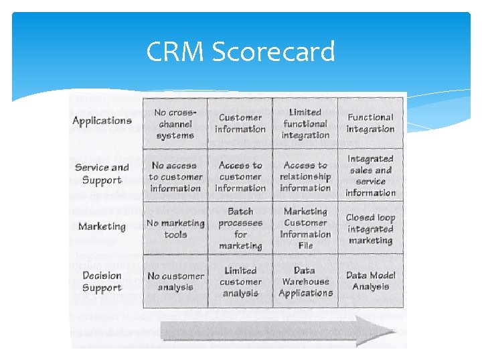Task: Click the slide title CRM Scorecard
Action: click(240, 52)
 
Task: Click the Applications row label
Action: click(102, 121)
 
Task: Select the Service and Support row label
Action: click(102, 174)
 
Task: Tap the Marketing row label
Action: click(102, 227)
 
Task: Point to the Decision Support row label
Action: click(102, 282)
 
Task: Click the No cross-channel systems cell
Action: click(175, 124)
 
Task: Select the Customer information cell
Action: click(240, 123)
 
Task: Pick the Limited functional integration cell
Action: click(305, 124)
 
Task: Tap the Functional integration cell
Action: click(370, 123)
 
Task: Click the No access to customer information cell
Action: click(175, 176)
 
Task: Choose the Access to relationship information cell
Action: click(305, 176)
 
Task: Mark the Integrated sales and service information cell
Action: click(370, 176)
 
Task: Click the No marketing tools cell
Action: click(175, 229)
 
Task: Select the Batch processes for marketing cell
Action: click(240, 229)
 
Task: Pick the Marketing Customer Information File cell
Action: click(305, 229)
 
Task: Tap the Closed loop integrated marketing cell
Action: click(370, 229)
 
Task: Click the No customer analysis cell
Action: click(175, 282)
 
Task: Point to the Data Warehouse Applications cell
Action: click(305, 282)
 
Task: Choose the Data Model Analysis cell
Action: click(370, 281)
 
